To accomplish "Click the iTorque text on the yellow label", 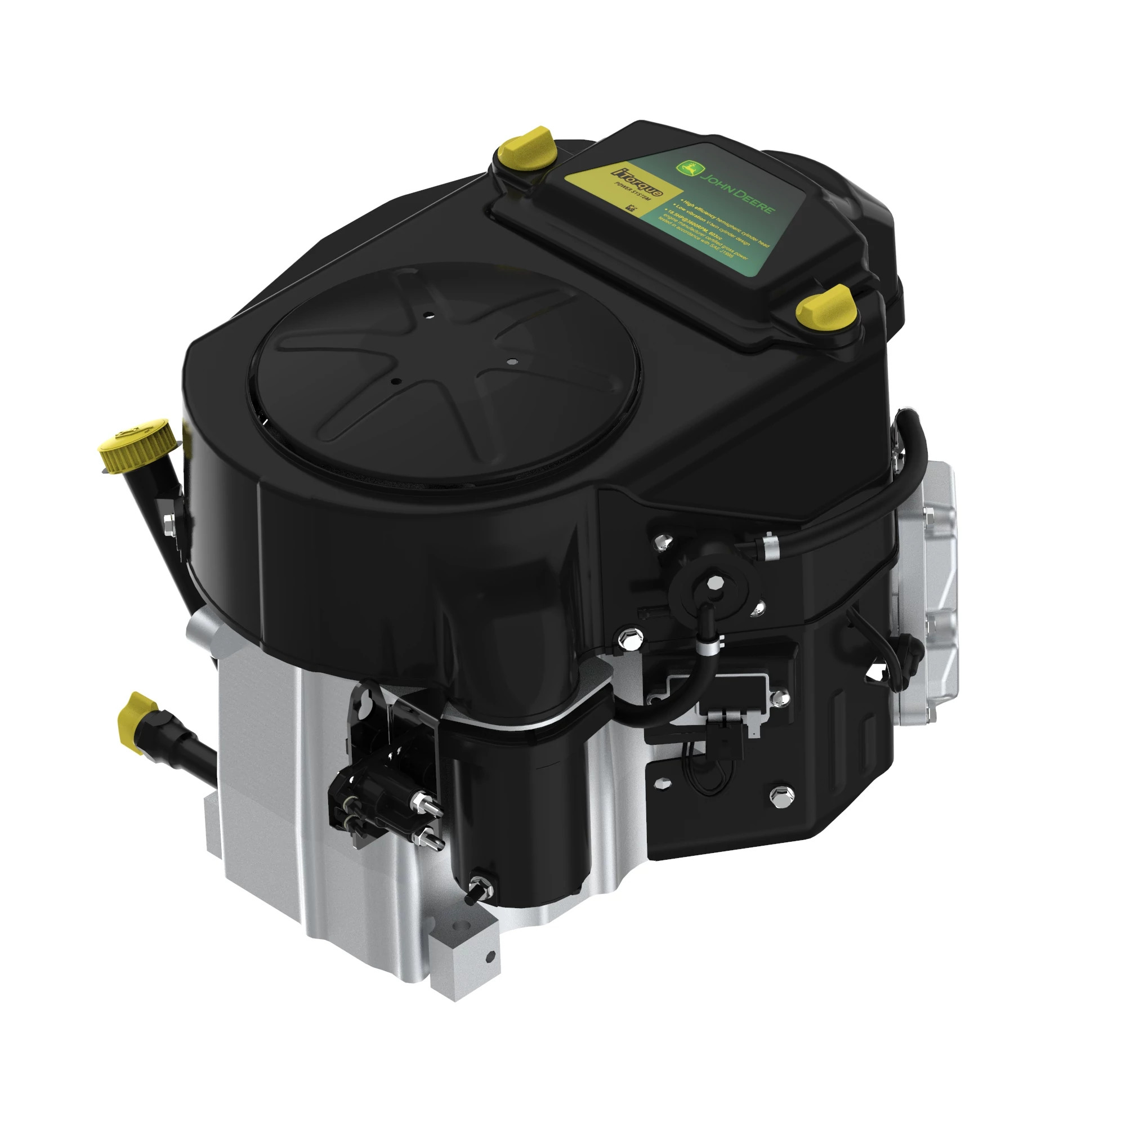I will pos(636,182).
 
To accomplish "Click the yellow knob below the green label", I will pos(826,306).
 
